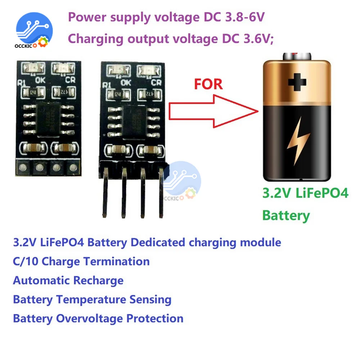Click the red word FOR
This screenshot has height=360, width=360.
[x=208, y=84]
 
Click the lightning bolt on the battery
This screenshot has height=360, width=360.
[x=298, y=141]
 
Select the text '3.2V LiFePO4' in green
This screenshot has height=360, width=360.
[x=305, y=193]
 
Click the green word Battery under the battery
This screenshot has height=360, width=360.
[x=286, y=215]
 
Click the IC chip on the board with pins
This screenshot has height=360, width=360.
[x=134, y=122]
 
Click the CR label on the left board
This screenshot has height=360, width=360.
[x=71, y=80]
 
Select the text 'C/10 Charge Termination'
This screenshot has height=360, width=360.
[x=81, y=261]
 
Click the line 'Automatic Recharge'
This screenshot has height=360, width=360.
[x=68, y=280]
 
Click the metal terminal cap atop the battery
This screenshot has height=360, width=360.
[x=297, y=56]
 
